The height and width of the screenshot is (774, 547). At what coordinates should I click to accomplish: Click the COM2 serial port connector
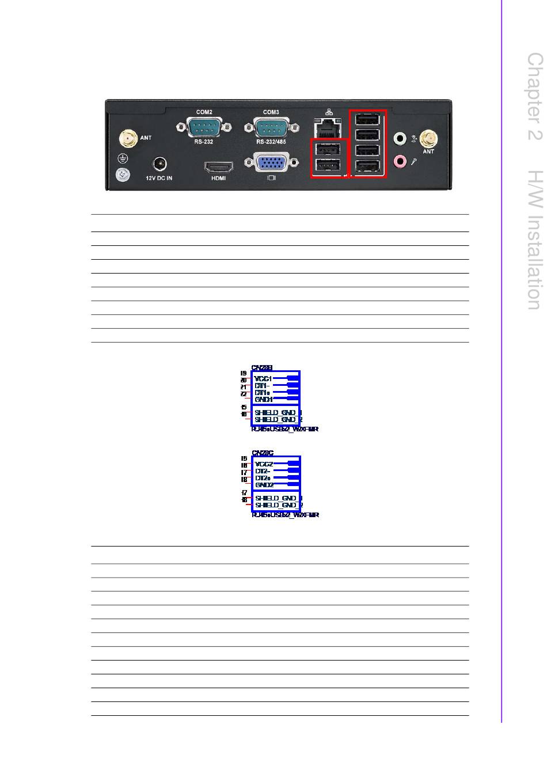(200, 126)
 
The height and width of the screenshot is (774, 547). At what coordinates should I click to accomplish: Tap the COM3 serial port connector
(271, 126)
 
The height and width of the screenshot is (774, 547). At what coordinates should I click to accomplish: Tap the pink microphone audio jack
(400, 161)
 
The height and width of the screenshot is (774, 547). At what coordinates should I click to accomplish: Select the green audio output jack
(400, 139)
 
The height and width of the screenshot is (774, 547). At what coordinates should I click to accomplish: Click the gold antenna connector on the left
(128, 139)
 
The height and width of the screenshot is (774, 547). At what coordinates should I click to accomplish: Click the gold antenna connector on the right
(428, 139)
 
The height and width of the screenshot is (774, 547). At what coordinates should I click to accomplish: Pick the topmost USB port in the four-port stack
(368, 120)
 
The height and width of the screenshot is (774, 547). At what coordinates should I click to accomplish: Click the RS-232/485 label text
(271, 142)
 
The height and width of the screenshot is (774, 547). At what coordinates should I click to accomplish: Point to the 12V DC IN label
(158, 179)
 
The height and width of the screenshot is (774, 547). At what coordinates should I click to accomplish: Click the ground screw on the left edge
(122, 174)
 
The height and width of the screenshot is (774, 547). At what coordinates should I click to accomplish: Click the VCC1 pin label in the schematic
(263, 378)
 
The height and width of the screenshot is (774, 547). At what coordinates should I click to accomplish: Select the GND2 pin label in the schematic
(264, 485)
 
